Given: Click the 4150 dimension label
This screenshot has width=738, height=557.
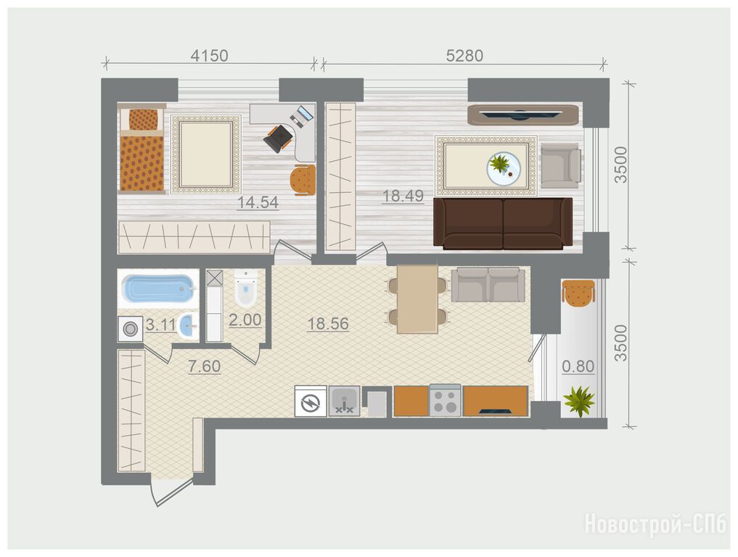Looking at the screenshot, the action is click(210, 56).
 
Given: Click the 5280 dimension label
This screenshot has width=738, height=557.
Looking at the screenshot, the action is click(464, 56).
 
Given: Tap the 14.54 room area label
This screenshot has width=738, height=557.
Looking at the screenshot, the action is click(258, 203).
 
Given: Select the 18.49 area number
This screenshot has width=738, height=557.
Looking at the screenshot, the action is click(403, 196).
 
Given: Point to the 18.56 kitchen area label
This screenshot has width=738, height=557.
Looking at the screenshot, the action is click(328, 323).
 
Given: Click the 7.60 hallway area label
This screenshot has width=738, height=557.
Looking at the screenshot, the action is click(204, 366).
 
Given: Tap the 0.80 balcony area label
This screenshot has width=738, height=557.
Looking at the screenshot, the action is click(578, 366).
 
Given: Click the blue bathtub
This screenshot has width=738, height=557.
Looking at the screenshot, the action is click(158, 289).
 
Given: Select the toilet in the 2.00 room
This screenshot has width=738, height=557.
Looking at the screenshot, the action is click(246, 288).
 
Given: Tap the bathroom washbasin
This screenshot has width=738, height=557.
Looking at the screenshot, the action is click(188, 326).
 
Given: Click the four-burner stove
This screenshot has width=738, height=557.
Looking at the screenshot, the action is click(445, 400).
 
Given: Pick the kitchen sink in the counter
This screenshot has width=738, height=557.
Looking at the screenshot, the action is click(344, 401).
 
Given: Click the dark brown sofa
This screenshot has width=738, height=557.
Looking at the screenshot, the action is click(503, 223).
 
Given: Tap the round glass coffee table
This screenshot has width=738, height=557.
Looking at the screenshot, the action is click(504, 168).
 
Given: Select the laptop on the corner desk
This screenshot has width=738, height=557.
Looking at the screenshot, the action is click(301, 116).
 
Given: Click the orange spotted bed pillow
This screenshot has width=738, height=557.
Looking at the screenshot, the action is click(143, 120).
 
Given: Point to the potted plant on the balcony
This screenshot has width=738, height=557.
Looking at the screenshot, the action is click(579, 400).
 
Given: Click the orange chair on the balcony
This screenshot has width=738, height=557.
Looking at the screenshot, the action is click(578, 292).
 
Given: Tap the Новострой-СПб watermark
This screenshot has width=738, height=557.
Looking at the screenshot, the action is click(655, 524).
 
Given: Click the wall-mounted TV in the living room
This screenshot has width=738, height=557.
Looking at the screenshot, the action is click(522, 114).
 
